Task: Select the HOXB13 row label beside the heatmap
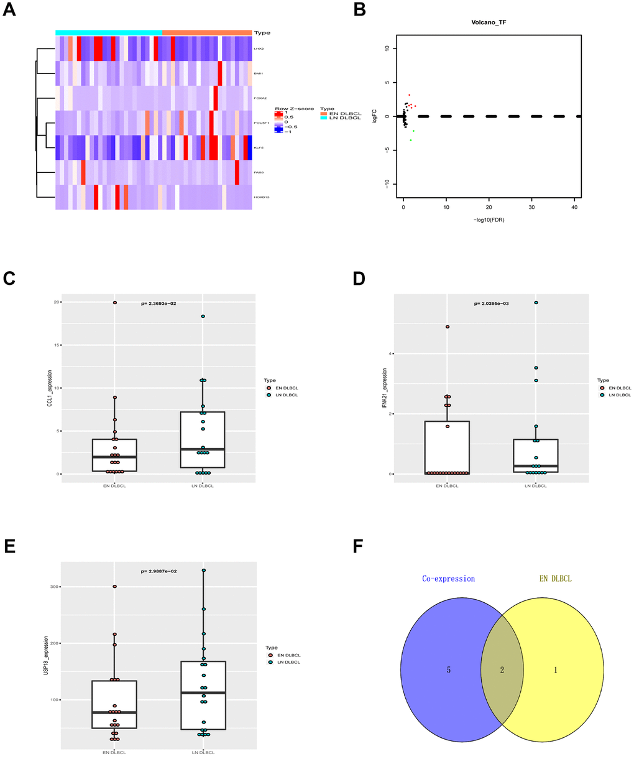click(x=260, y=197)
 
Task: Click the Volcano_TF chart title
click(x=489, y=22)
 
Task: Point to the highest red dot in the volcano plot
click(x=409, y=95)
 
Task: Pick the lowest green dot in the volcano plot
click(x=411, y=140)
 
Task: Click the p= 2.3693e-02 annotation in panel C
click(x=165, y=304)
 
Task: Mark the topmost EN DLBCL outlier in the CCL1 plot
click(x=114, y=302)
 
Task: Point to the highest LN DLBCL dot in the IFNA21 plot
click(x=536, y=303)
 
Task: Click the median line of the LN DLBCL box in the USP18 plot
click(x=203, y=692)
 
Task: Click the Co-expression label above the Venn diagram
click(x=448, y=579)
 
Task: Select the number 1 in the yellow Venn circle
click(x=555, y=670)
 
